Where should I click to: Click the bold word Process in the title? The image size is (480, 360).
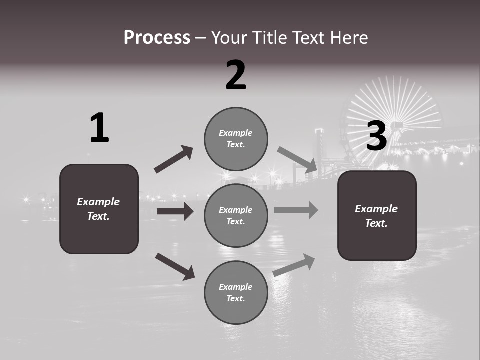point(157,37)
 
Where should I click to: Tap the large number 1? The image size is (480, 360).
point(99,128)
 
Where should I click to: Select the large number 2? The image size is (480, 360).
point(236,75)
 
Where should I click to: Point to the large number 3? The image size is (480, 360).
point(377,136)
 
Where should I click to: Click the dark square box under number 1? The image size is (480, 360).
point(99,209)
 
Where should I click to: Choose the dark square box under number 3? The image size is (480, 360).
point(377,215)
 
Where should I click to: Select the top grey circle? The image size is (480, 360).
point(236,139)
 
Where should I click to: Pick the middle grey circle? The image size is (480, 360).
point(236,215)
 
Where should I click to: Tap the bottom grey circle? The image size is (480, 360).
point(236,292)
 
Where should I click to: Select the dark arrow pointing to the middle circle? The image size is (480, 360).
point(175,211)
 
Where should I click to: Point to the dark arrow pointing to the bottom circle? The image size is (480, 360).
point(175,266)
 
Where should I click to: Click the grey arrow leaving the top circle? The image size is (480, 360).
point(297,159)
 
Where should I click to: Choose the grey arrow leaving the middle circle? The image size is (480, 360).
point(295,210)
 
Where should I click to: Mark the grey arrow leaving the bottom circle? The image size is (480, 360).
point(294,265)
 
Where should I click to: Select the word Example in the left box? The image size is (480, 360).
point(98,202)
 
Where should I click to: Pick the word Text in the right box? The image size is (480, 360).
point(376,223)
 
